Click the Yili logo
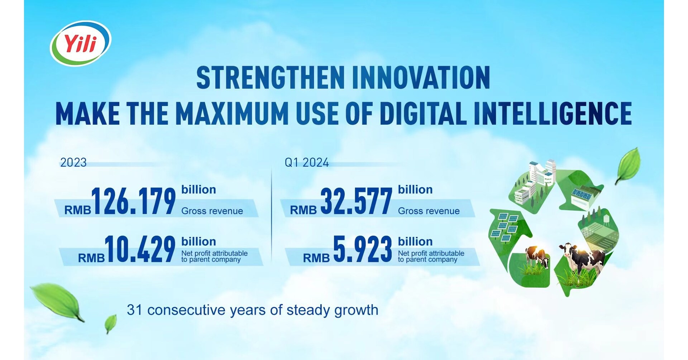(x=81, y=43)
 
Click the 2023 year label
(x=73, y=163)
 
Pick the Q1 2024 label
(x=307, y=163)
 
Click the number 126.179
(x=133, y=201)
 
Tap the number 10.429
(x=140, y=249)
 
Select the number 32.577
(x=356, y=201)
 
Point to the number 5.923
(x=362, y=249)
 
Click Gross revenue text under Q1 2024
(x=429, y=211)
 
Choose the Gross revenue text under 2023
(x=212, y=211)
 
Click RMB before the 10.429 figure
(x=91, y=258)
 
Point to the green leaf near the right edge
(x=628, y=165)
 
